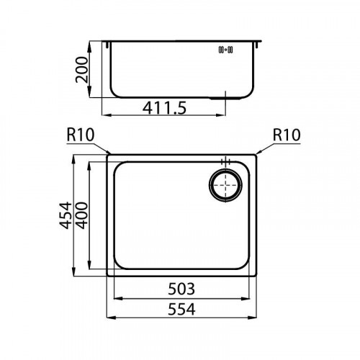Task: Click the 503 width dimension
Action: (x=182, y=290)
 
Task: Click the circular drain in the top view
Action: (x=227, y=186)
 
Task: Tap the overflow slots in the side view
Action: (x=225, y=50)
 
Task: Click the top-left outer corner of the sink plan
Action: (x=108, y=153)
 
